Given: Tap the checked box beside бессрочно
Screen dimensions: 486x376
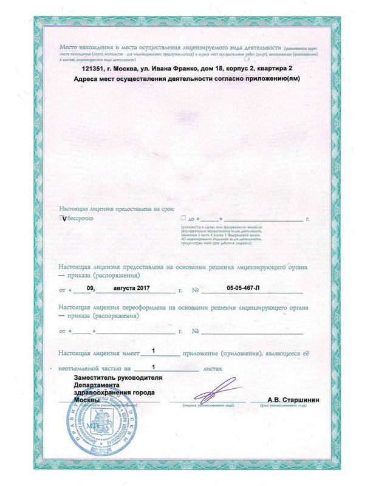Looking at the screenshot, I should [x=63, y=217].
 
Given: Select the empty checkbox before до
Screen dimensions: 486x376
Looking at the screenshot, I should [x=183, y=217].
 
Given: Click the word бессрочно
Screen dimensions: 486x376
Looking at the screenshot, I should [x=80, y=217].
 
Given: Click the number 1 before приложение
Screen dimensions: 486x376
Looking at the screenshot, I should [x=153, y=351].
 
